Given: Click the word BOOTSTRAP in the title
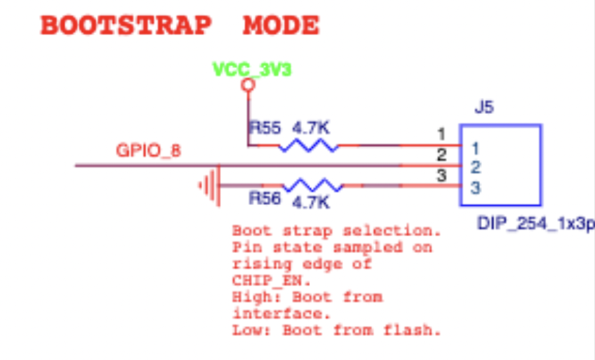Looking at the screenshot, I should coord(126,26).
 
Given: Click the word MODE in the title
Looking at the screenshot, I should coord(281,26).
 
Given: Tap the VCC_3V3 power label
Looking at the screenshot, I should coord(252,69).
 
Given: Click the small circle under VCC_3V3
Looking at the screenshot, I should coord(249,86).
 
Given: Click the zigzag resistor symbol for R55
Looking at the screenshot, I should coord(309,146).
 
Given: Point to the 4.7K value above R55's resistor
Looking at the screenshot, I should coord(311,128).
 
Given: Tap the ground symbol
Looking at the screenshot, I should coord(208,186).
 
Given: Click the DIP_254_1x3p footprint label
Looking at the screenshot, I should coord(536,224).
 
